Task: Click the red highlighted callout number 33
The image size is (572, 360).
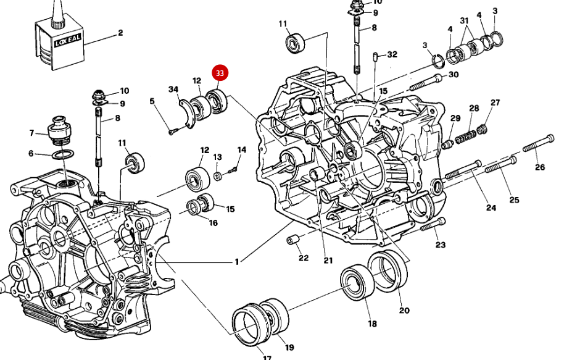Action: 220,73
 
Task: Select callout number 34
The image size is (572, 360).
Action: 173,90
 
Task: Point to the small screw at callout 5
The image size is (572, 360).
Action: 172,130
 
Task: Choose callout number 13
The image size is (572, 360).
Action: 218,157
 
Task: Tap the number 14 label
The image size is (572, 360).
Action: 241,150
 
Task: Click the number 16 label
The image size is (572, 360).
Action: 213,222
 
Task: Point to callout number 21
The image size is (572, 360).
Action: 328,260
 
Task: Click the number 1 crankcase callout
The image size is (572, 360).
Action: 236,262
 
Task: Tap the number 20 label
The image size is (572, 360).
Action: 404,310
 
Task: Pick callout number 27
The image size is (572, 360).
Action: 495,103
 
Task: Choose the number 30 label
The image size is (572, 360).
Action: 454,75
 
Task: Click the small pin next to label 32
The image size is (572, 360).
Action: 375,58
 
